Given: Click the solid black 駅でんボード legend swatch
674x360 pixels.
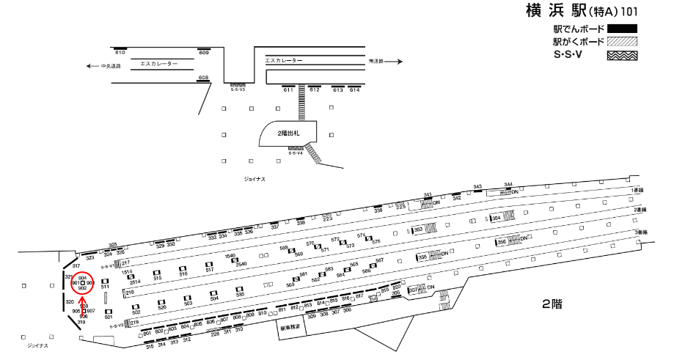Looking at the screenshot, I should [x=620, y=29].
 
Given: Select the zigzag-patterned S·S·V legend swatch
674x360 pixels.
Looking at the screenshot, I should [x=620, y=55].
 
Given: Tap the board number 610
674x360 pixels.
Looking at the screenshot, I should [x=120, y=53].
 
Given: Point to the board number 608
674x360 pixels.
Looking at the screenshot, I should [x=204, y=78].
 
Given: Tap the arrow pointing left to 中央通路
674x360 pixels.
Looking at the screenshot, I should [x=91, y=66].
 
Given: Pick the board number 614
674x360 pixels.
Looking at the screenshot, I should [x=355, y=89].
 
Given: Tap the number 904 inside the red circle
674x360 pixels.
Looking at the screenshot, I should [x=82, y=277].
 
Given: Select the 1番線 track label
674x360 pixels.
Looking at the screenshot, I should [x=637, y=190].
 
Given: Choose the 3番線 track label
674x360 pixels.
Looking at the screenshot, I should [x=641, y=232].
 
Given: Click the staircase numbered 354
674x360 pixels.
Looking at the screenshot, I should [x=497, y=218].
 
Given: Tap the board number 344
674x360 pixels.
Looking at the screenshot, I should [x=508, y=185].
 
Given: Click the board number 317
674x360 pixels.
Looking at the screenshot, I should [x=76, y=265].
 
